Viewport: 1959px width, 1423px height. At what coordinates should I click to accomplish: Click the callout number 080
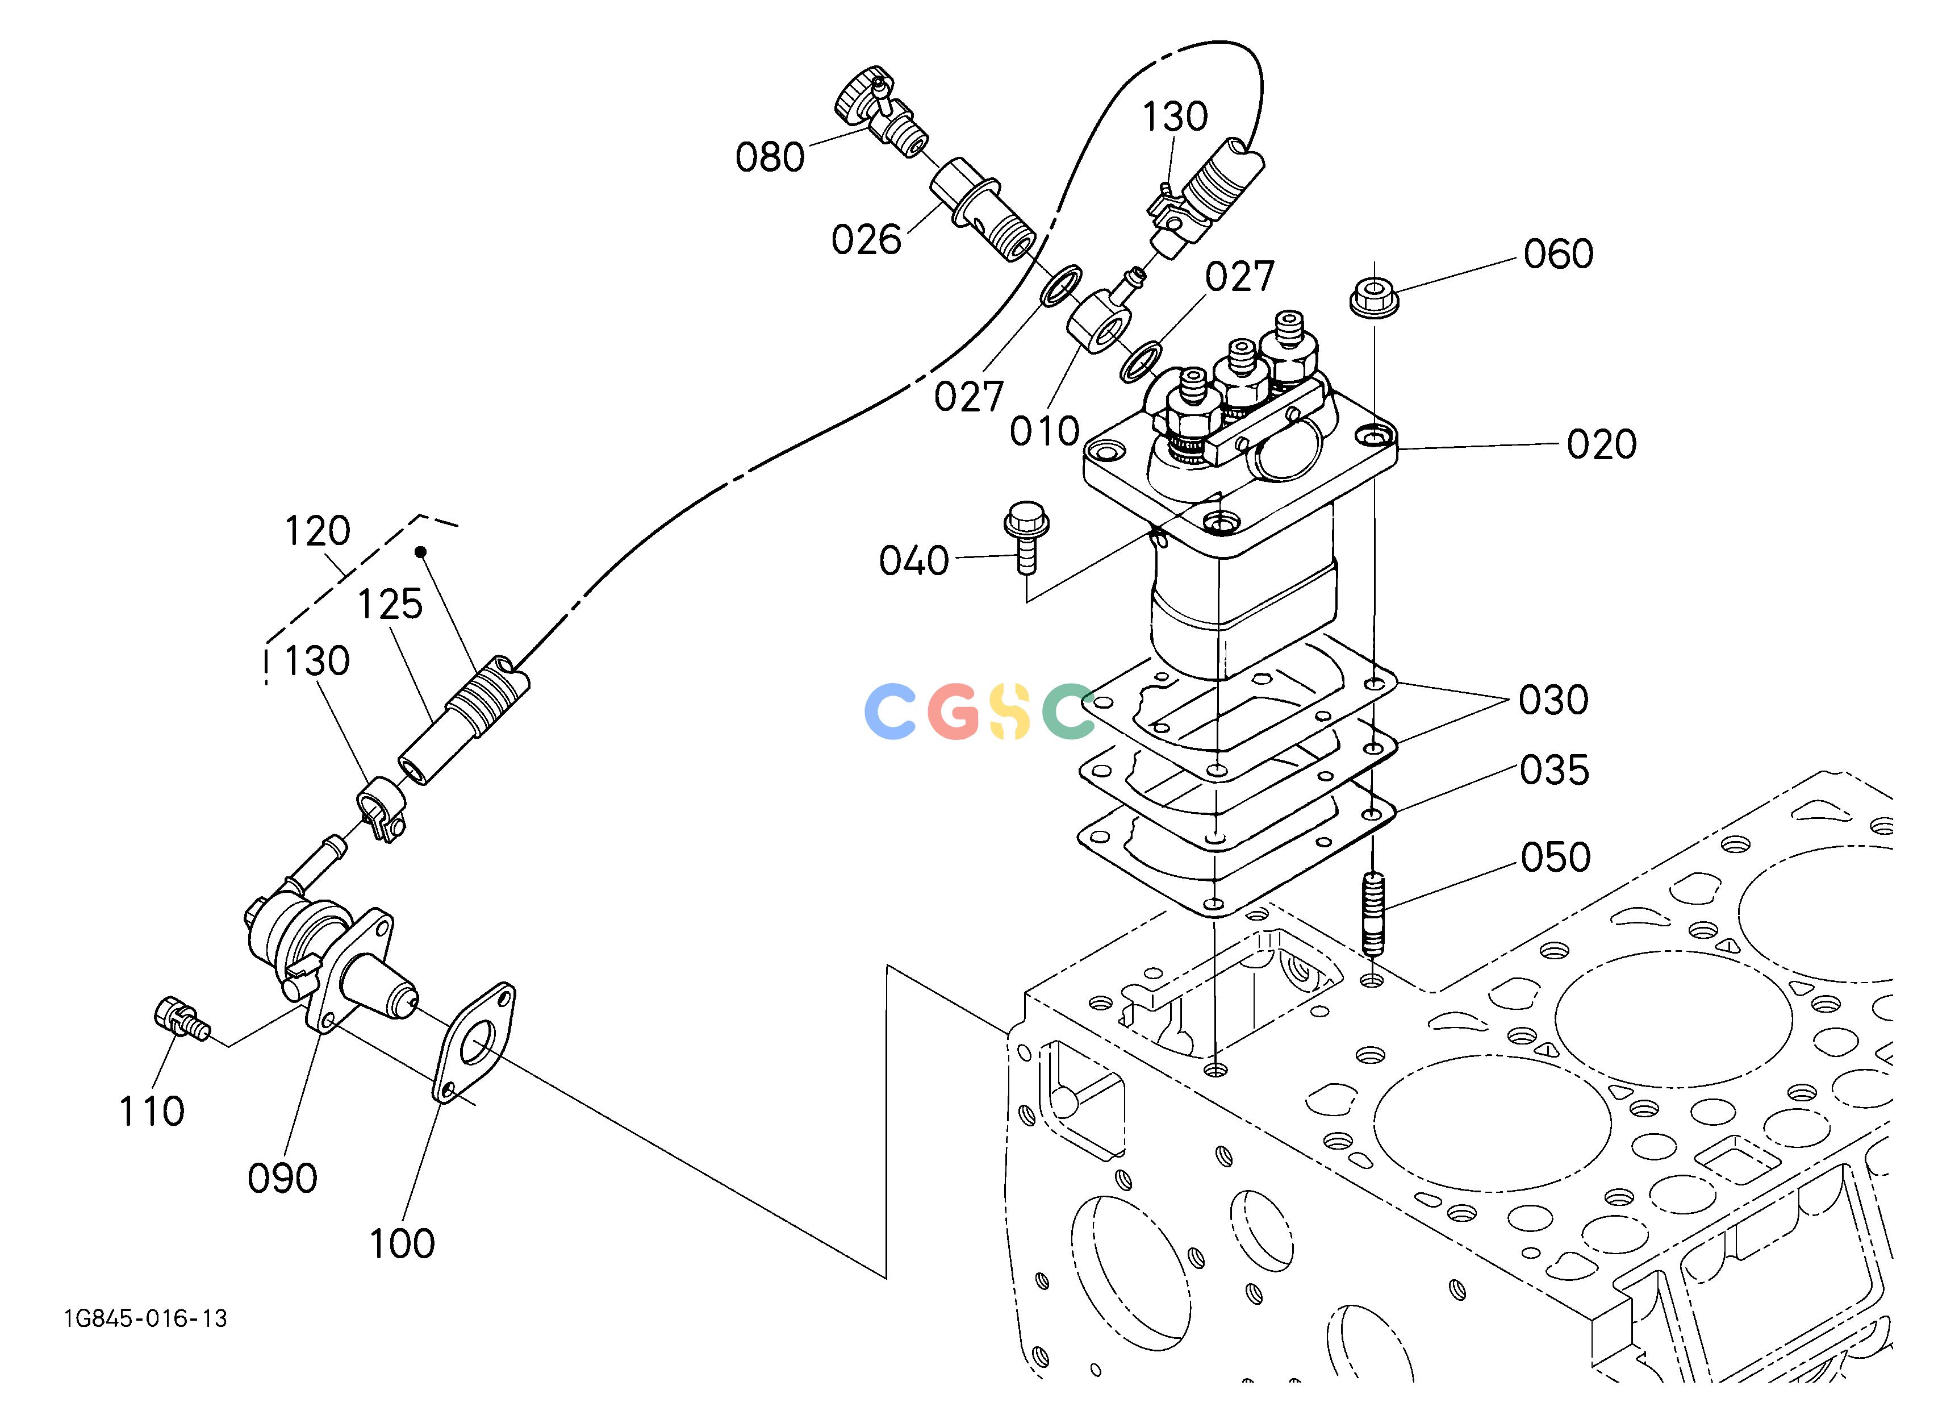coord(770,157)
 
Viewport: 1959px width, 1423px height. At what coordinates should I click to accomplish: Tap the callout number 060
coord(1558,254)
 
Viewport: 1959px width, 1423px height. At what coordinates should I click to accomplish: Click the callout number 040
coord(914,561)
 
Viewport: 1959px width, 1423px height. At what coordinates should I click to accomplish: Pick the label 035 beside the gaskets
coord(1555,770)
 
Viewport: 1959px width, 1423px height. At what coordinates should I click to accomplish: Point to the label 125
coord(390,605)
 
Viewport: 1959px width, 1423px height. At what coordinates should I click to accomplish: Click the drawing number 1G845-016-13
coord(145,1318)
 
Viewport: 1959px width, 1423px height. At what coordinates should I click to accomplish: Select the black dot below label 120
coord(421,552)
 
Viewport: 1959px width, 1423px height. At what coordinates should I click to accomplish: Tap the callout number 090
coord(282,1179)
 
